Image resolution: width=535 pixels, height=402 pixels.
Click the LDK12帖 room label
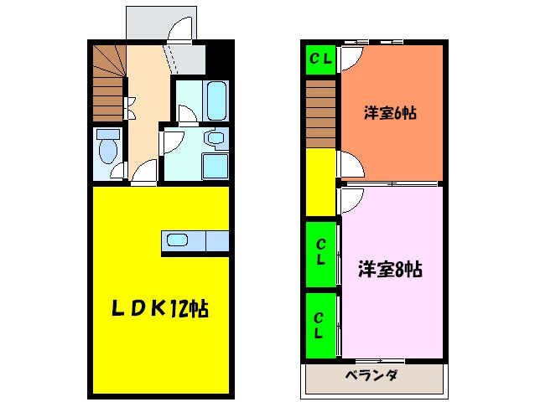pyautogui.click(x=161, y=309)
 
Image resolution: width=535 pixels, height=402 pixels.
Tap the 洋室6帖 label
pyautogui.click(x=390, y=113)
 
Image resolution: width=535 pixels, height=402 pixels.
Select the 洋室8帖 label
pyautogui.click(x=390, y=270)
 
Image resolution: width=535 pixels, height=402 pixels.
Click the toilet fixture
pyautogui.click(x=106, y=149)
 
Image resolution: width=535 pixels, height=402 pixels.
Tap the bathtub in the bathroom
pyautogui.click(x=216, y=101)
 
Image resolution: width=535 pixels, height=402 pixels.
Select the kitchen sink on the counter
pyautogui.click(x=178, y=240)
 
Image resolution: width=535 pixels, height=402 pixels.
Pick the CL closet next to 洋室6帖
pyautogui.click(x=320, y=59)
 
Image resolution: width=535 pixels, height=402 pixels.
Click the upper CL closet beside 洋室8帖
pyautogui.click(x=320, y=252)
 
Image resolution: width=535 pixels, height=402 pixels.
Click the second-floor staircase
pyautogui.click(x=320, y=115)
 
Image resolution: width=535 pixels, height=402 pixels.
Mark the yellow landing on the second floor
pyautogui.click(x=320, y=182)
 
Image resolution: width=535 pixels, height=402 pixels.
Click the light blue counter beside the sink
pyautogui.click(x=216, y=241)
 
